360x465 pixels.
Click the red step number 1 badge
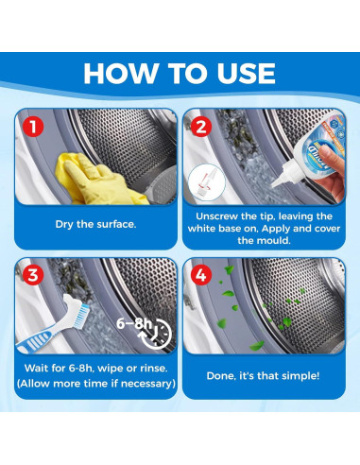[x=33, y=127]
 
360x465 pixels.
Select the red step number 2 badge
[x=201, y=127]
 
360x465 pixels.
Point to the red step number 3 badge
[x=33, y=275]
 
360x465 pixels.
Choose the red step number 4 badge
[x=201, y=275]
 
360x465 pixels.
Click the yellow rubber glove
[x=97, y=180]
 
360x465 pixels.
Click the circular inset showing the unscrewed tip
[x=207, y=183]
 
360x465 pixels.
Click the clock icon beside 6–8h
[x=158, y=335]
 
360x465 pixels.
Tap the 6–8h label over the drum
[x=134, y=323]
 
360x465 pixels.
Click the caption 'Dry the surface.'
[x=95, y=224]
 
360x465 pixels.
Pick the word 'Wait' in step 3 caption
[x=36, y=368]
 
